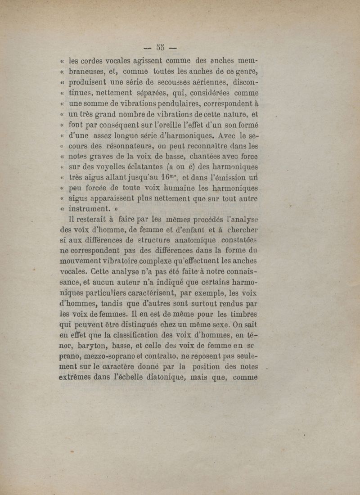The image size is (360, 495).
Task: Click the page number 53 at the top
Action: [x=161, y=46]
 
